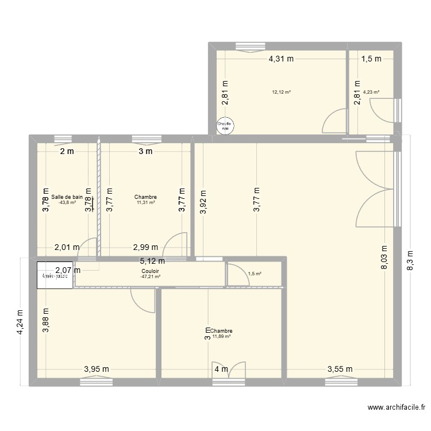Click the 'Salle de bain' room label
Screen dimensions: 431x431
pyautogui.click(x=67, y=197)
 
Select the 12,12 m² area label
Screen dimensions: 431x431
pyautogui.click(x=282, y=92)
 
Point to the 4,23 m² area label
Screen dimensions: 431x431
pyautogui.click(x=371, y=92)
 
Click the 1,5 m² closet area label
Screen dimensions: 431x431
pyautogui.click(x=255, y=274)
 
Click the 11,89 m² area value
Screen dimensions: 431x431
pyautogui.click(x=221, y=337)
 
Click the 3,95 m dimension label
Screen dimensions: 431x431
pyautogui.click(x=97, y=370)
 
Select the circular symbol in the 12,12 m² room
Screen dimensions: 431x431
pyautogui.click(x=224, y=126)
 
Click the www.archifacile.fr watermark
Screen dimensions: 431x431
pyautogui.click(x=397, y=409)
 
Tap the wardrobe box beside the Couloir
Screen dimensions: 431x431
pyautogui.click(x=55, y=275)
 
